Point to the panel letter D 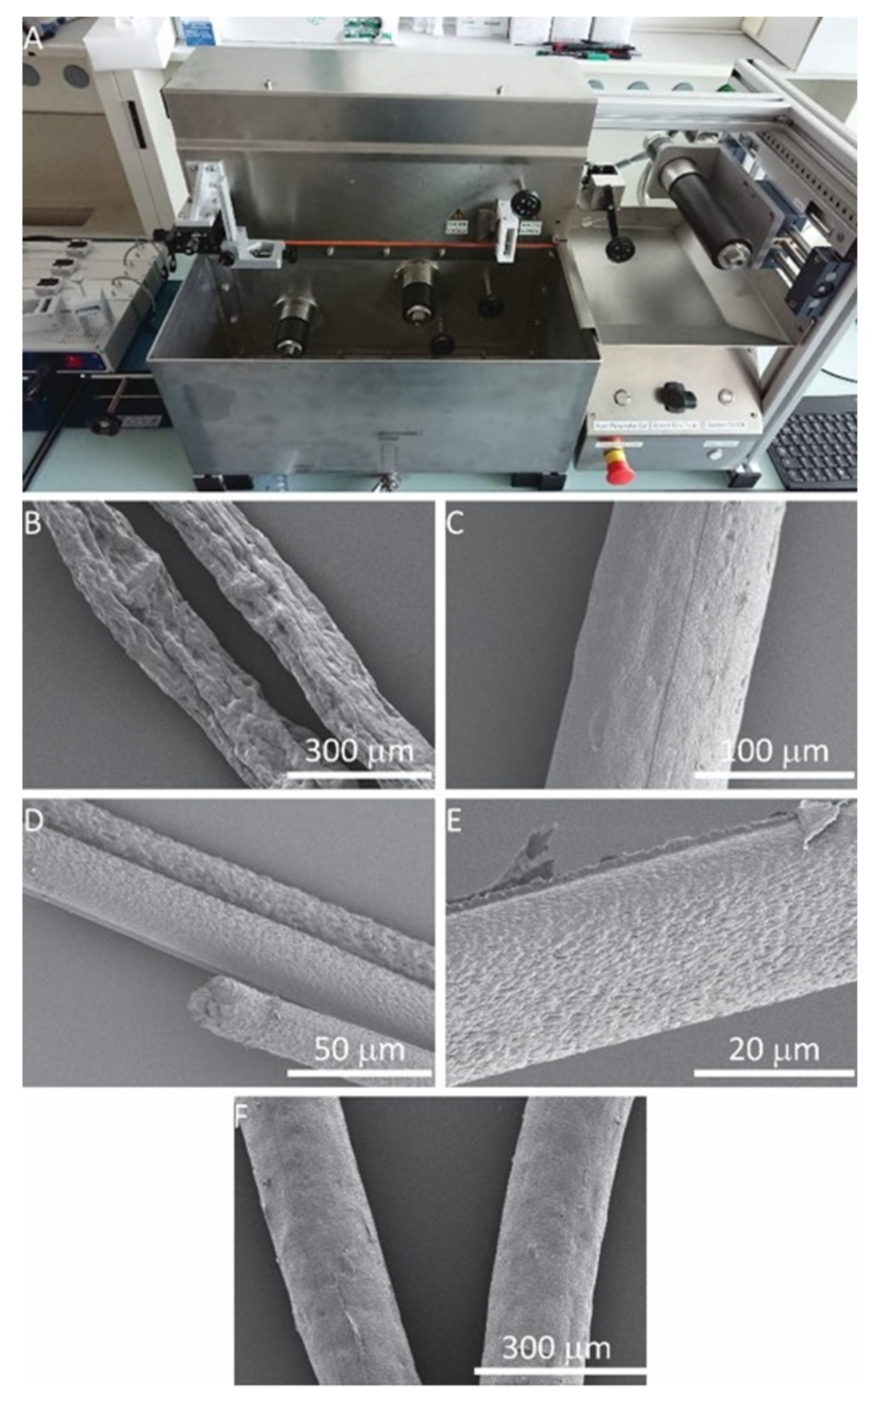click(x=33, y=821)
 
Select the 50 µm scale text click(x=359, y=1049)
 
